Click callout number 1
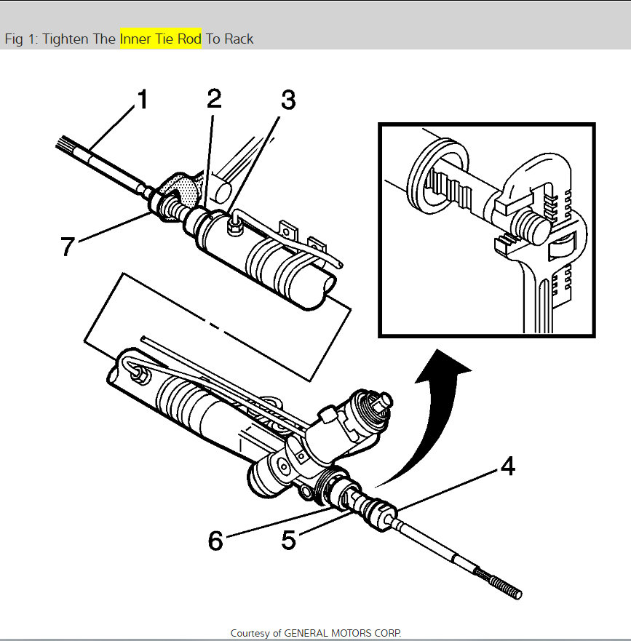click(x=143, y=100)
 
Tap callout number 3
click(x=288, y=100)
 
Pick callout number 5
click(x=288, y=540)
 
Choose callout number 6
click(x=215, y=540)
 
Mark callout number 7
click(x=68, y=247)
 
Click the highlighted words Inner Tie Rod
click(x=161, y=39)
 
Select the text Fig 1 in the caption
click(x=19, y=39)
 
